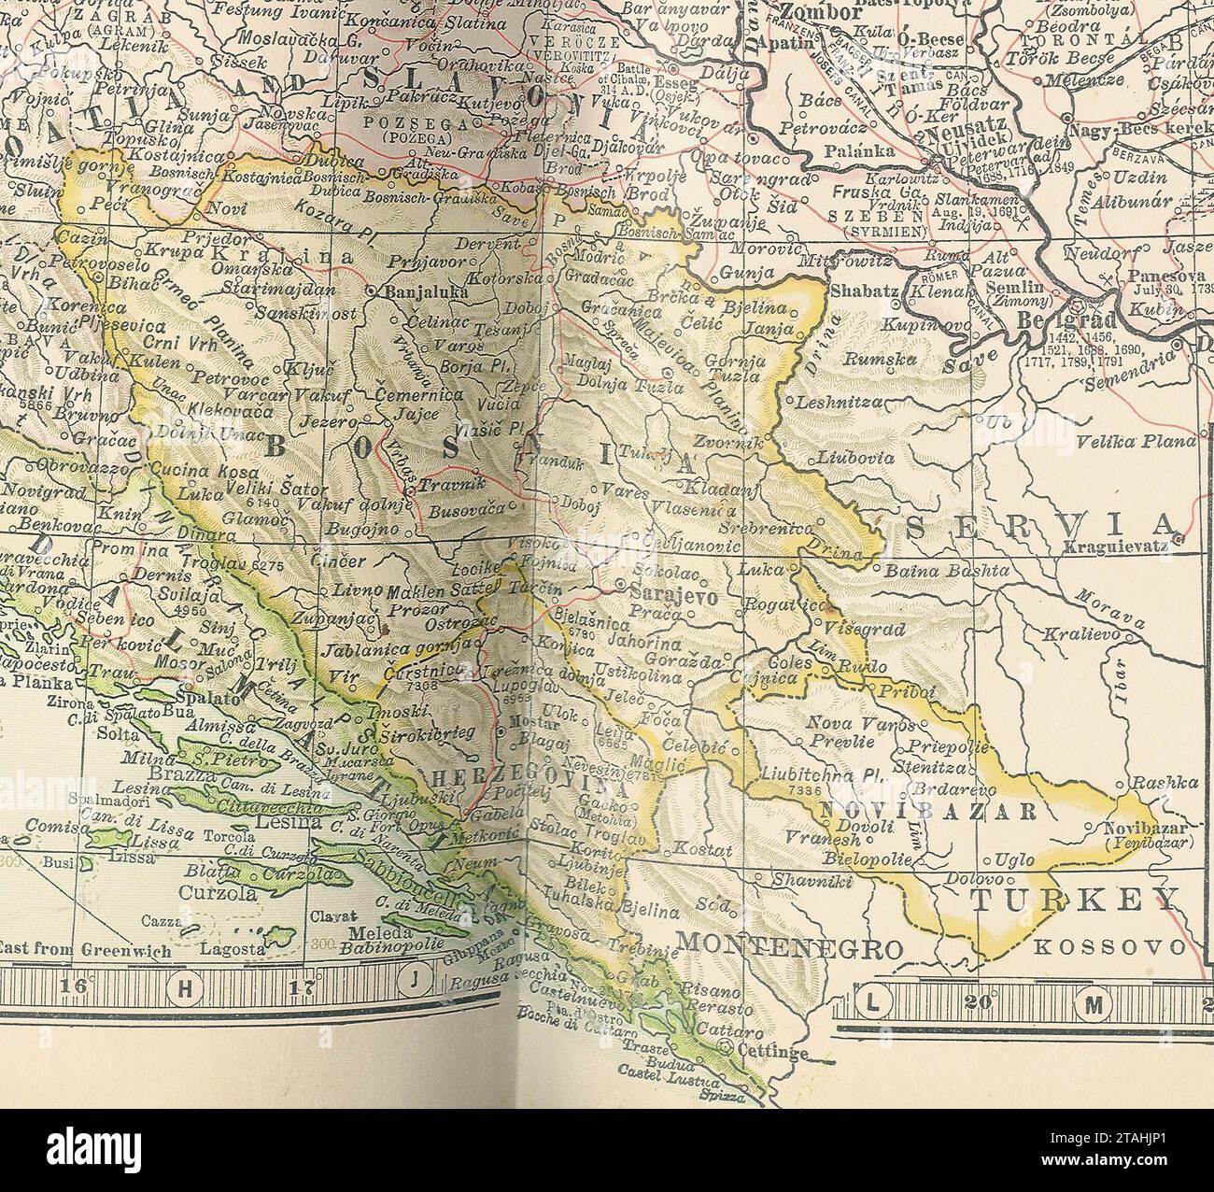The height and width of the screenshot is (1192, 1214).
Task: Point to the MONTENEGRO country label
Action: [789, 947]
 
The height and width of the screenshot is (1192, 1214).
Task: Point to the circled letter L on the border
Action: [873, 1004]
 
